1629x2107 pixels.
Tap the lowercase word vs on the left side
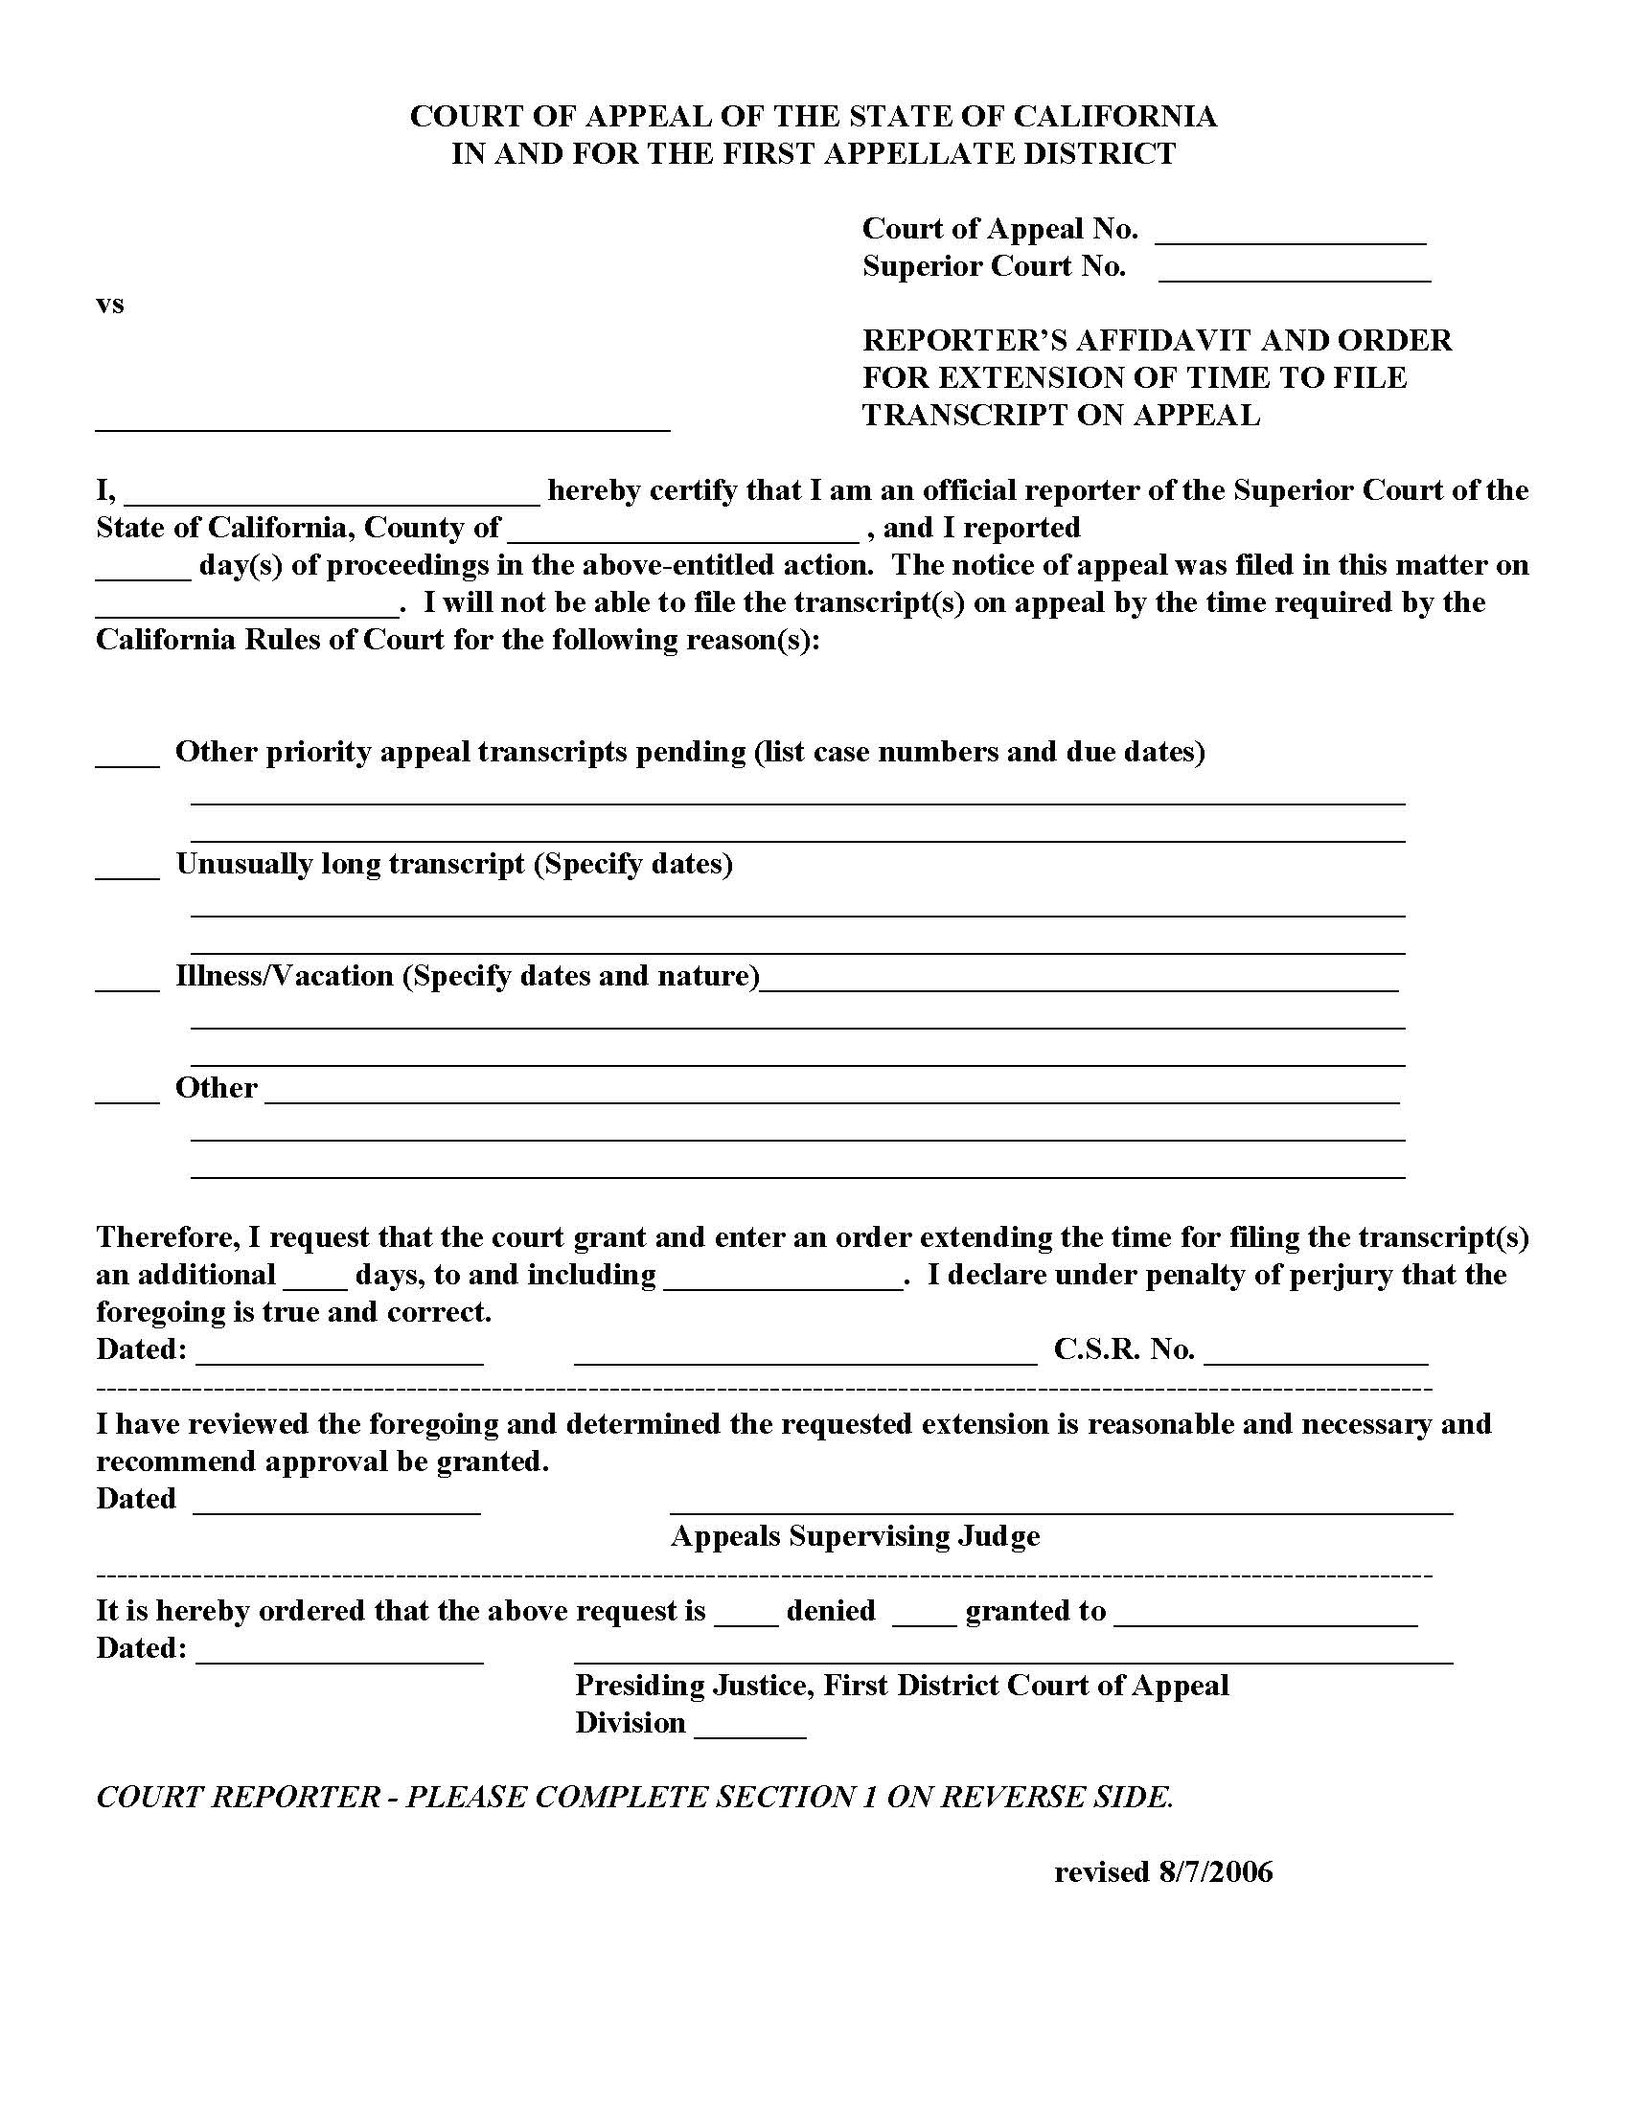click(110, 305)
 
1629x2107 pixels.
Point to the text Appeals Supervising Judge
click(855, 1536)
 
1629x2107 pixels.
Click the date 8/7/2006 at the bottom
click(1216, 1872)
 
